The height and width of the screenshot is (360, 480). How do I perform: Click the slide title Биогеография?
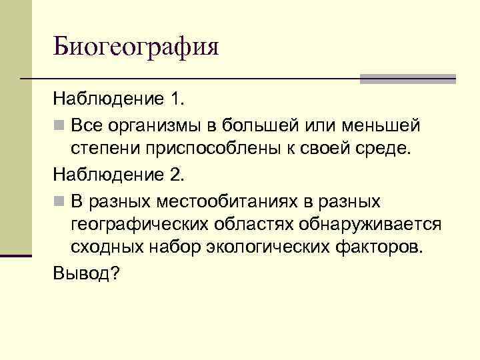136,47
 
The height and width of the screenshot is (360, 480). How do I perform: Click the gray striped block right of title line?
407,79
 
